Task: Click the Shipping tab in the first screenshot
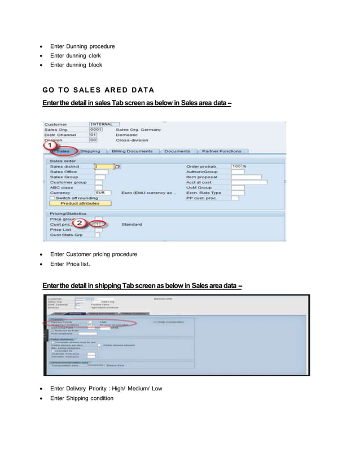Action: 90,151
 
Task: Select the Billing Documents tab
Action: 132,151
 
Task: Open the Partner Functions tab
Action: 222,151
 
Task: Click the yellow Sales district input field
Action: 104,166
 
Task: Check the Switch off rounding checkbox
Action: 52,198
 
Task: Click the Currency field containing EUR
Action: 102,192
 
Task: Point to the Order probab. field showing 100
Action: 236,166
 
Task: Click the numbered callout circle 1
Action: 50,146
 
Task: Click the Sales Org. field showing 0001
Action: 96,130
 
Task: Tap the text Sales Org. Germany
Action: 138,130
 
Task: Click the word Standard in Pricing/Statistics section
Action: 131,225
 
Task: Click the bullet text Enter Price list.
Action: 70,263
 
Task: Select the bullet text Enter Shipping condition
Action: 81,398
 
